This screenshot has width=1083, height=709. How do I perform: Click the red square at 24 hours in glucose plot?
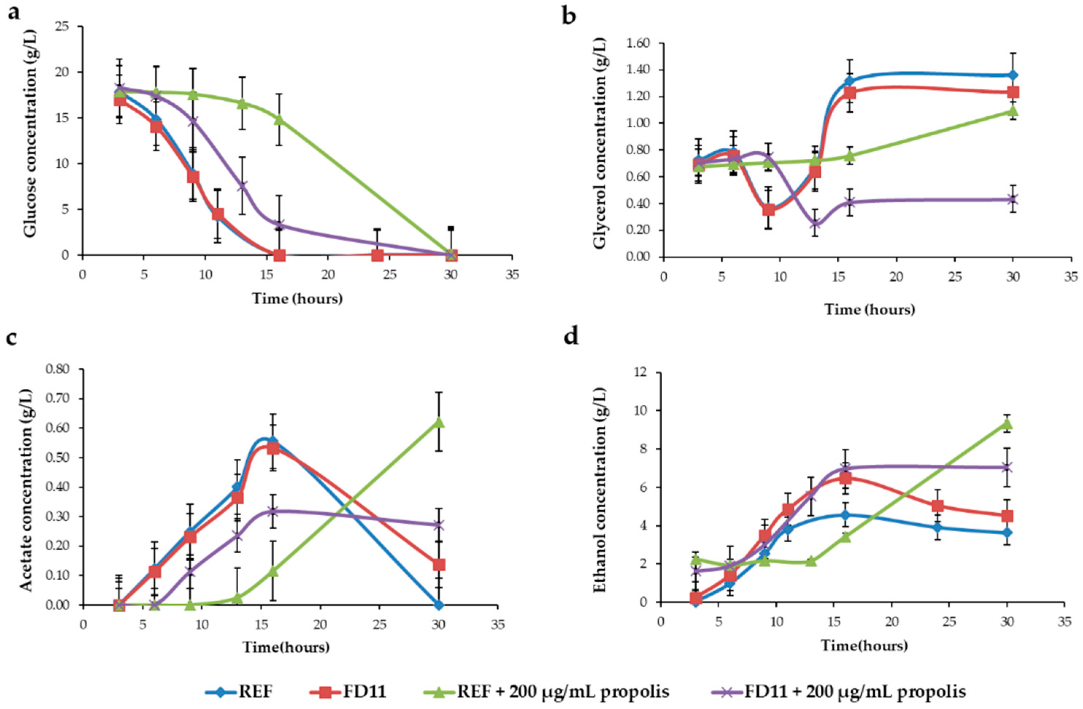[x=377, y=255]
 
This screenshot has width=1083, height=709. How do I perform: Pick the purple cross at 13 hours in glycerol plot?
[x=815, y=223]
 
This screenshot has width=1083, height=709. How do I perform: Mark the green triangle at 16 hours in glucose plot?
[x=279, y=120]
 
